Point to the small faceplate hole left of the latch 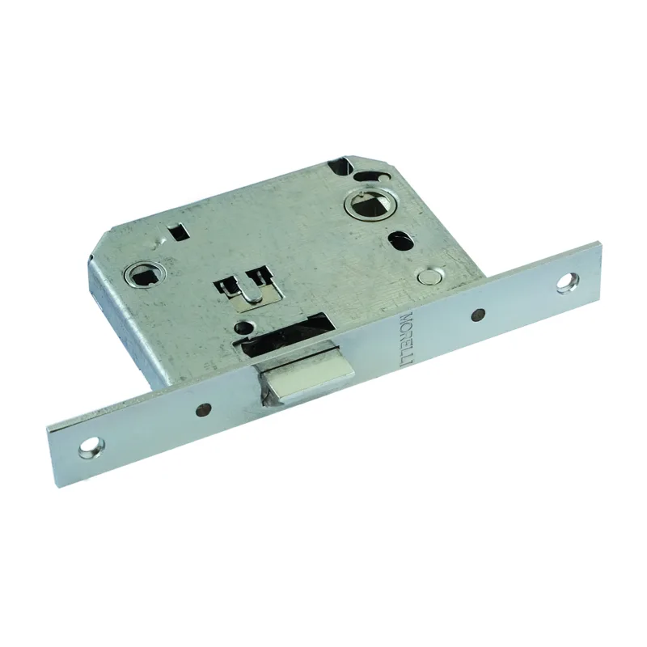[x=202, y=408]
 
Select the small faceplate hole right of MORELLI [x=478, y=315]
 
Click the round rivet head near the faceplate [x=428, y=277]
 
